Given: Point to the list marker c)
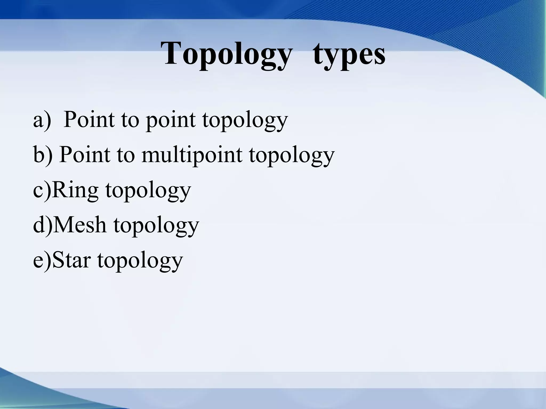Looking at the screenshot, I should pyautogui.click(x=42, y=190).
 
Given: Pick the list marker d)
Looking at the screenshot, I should pyautogui.click(x=43, y=225).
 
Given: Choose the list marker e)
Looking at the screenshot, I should pyautogui.click(x=42, y=260).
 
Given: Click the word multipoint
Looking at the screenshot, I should pyautogui.click(x=192, y=155).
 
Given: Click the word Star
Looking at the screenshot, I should pyautogui.click(x=71, y=260).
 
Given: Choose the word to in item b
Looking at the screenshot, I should pyautogui.click(x=126, y=155).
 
